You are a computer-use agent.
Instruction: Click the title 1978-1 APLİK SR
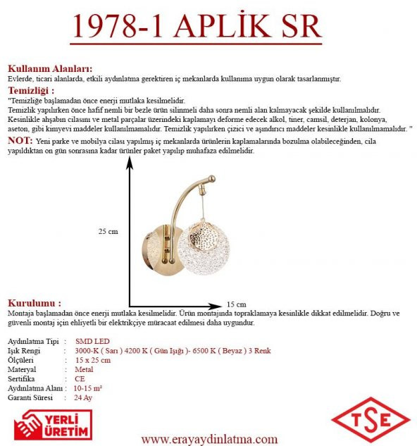[x=197, y=28]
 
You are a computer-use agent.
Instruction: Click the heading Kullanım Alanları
[x=50, y=69]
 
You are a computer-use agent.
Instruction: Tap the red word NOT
[x=19, y=141]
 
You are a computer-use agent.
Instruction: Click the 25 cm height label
[x=108, y=231]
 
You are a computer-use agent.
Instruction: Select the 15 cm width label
[x=237, y=304]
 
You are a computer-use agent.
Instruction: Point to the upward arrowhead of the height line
[x=129, y=163]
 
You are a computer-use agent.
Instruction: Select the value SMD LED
[x=92, y=341]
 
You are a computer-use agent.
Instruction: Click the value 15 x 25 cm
[x=92, y=360]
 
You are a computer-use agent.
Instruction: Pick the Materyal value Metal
[x=84, y=369]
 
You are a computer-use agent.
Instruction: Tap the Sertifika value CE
[x=80, y=378]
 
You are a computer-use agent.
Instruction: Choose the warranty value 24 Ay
[x=82, y=397]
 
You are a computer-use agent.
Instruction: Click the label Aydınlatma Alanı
[x=36, y=388]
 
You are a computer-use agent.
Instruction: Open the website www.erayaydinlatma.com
[x=209, y=438]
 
